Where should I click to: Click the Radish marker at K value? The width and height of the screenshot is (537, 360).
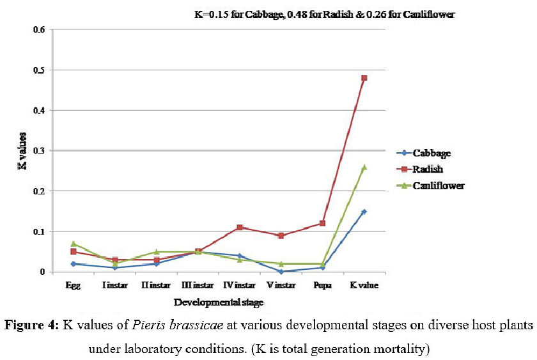(364, 78)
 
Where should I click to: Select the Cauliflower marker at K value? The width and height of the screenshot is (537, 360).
(364, 167)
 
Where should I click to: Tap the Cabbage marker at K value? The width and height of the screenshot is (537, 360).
(364, 212)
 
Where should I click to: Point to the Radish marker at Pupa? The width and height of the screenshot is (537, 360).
(323, 223)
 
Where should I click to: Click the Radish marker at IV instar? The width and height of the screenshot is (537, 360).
(240, 228)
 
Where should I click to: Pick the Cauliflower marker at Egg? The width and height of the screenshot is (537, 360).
(74, 244)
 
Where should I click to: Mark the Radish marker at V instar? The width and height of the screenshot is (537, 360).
(281, 235)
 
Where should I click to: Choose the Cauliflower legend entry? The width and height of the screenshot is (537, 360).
(439, 185)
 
